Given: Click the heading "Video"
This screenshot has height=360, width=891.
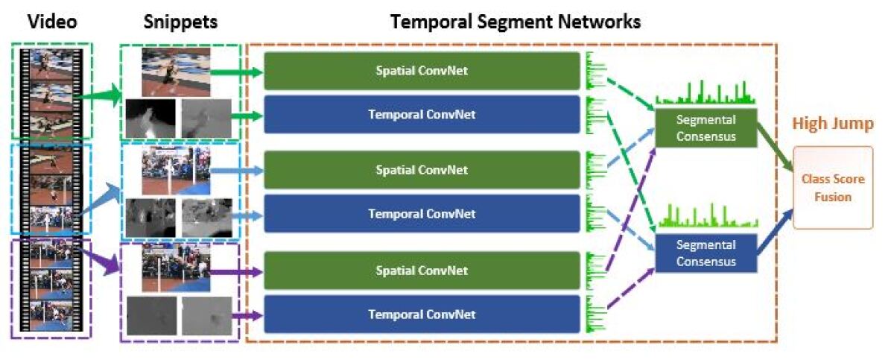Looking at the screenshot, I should click(x=51, y=22).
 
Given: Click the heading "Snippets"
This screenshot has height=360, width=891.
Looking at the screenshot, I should click(x=180, y=22).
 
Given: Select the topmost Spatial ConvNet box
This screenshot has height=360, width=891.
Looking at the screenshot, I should click(x=422, y=71).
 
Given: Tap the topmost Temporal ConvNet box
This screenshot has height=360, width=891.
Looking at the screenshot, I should click(x=422, y=115).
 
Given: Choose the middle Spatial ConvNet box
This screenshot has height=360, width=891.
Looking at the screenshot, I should click(x=422, y=170).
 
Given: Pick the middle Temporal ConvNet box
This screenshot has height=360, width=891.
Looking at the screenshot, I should click(x=422, y=214).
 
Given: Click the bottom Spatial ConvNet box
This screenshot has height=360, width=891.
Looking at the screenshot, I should click(x=422, y=271).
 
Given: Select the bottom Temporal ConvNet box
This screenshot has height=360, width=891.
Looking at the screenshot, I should click(x=422, y=314).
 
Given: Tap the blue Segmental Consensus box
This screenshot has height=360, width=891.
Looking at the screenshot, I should click(x=705, y=253).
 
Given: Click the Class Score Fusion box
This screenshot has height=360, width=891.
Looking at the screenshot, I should click(x=832, y=187).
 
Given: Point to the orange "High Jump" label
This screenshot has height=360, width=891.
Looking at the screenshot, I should click(x=832, y=124).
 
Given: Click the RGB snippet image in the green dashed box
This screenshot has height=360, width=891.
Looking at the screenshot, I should click(x=176, y=72).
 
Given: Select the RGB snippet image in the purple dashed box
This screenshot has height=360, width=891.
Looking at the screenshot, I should click(x=176, y=269).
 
